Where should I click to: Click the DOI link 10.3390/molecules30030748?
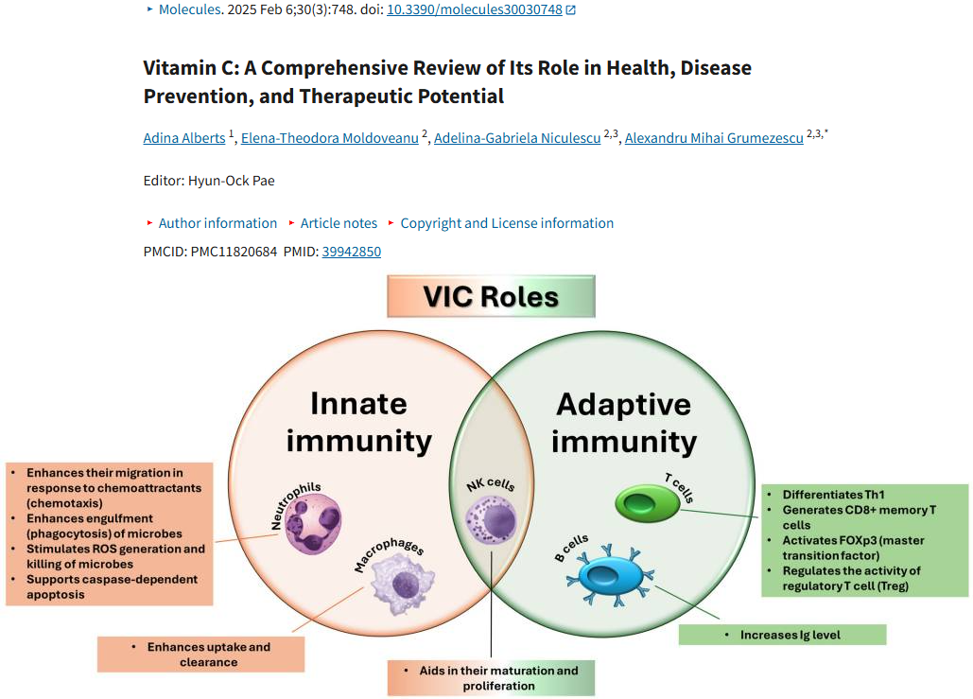click(x=475, y=9)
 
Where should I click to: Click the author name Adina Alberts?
click(x=184, y=138)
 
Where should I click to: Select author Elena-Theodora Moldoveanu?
click(x=330, y=138)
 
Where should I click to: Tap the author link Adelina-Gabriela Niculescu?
click(x=517, y=138)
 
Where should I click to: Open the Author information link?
click(x=217, y=223)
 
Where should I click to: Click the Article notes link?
click(x=339, y=223)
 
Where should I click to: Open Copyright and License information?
click(x=507, y=223)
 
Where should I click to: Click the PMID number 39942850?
click(x=352, y=252)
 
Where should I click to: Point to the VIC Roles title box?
click(x=491, y=297)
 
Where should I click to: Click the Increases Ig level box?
click(x=782, y=635)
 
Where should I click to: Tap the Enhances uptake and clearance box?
click(x=202, y=655)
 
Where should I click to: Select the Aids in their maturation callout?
click(x=491, y=678)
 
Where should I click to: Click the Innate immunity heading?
click(x=358, y=422)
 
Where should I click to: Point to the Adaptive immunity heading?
click(x=623, y=422)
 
